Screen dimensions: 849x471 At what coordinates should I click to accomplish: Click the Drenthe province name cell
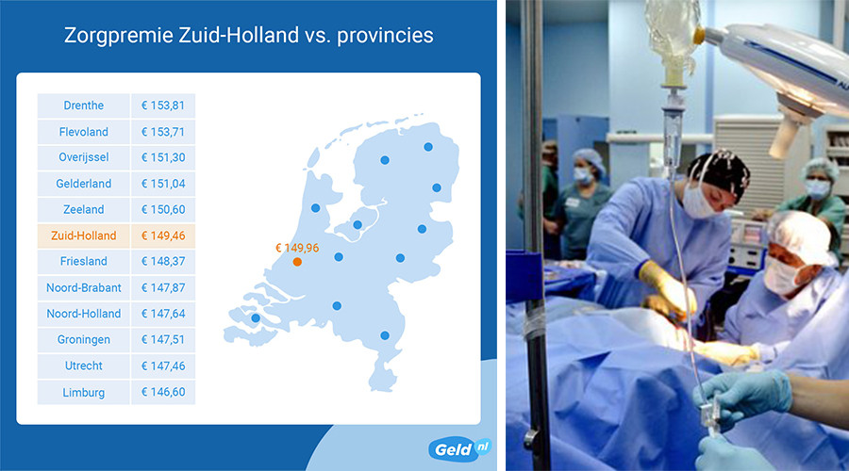tap(83, 106)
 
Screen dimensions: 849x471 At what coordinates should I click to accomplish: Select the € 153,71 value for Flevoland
tap(163, 131)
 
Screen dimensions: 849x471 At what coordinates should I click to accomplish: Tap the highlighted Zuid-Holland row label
tap(83, 235)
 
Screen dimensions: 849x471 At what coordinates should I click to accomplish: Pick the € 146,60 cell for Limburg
tap(163, 392)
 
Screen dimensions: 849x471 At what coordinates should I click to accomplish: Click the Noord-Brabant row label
tap(83, 287)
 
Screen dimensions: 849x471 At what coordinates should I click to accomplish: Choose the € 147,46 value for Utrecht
tap(163, 366)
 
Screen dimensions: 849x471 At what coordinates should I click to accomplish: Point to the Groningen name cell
tap(83, 340)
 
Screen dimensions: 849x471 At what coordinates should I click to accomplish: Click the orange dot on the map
tap(297, 262)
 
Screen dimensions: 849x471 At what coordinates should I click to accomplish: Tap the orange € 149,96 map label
tap(297, 248)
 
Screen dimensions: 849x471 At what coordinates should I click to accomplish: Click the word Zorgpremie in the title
tap(119, 36)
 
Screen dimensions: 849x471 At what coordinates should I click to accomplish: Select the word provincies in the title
tap(385, 36)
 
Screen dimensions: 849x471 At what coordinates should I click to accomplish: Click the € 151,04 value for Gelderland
tap(163, 184)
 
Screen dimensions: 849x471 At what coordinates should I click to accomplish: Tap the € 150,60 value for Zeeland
tap(163, 210)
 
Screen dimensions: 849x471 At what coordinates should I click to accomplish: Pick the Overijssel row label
tap(83, 157)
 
